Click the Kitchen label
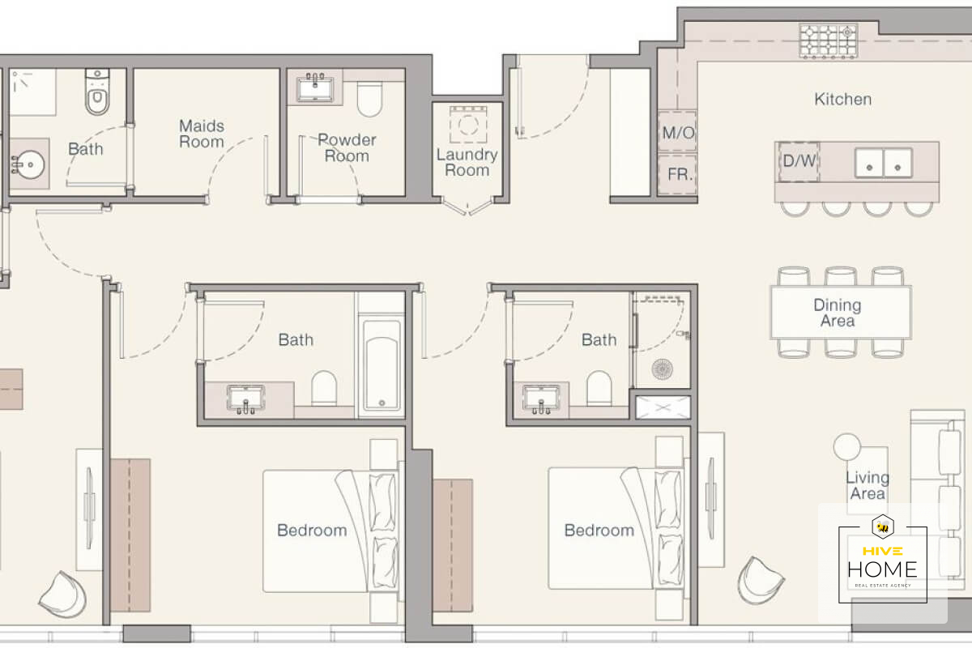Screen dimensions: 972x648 point(842,100)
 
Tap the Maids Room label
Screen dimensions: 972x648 point(202,134)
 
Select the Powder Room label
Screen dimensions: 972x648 point(347,147)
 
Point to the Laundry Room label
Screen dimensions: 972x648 point(467,162)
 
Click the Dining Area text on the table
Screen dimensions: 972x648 point(838,313)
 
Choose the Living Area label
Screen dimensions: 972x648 point(868,485)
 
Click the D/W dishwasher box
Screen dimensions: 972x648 point(799,161)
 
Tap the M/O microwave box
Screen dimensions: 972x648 point(677,131)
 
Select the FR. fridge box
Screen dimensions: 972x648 point(678,174)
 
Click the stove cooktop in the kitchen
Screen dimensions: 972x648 point(829,41)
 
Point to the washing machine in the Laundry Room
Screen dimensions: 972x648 point(468,125)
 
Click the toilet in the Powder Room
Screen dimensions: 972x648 point(369,100)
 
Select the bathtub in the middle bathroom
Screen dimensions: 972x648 point(382,365)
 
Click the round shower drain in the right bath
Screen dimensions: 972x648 point(663,369)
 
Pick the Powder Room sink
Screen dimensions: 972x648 point(315,89)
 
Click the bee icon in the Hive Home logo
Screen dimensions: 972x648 point(883,527)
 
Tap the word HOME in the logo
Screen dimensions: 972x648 point(883,569)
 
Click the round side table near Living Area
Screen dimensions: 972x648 point(846,446)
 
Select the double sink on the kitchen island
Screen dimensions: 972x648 point(884,163)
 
